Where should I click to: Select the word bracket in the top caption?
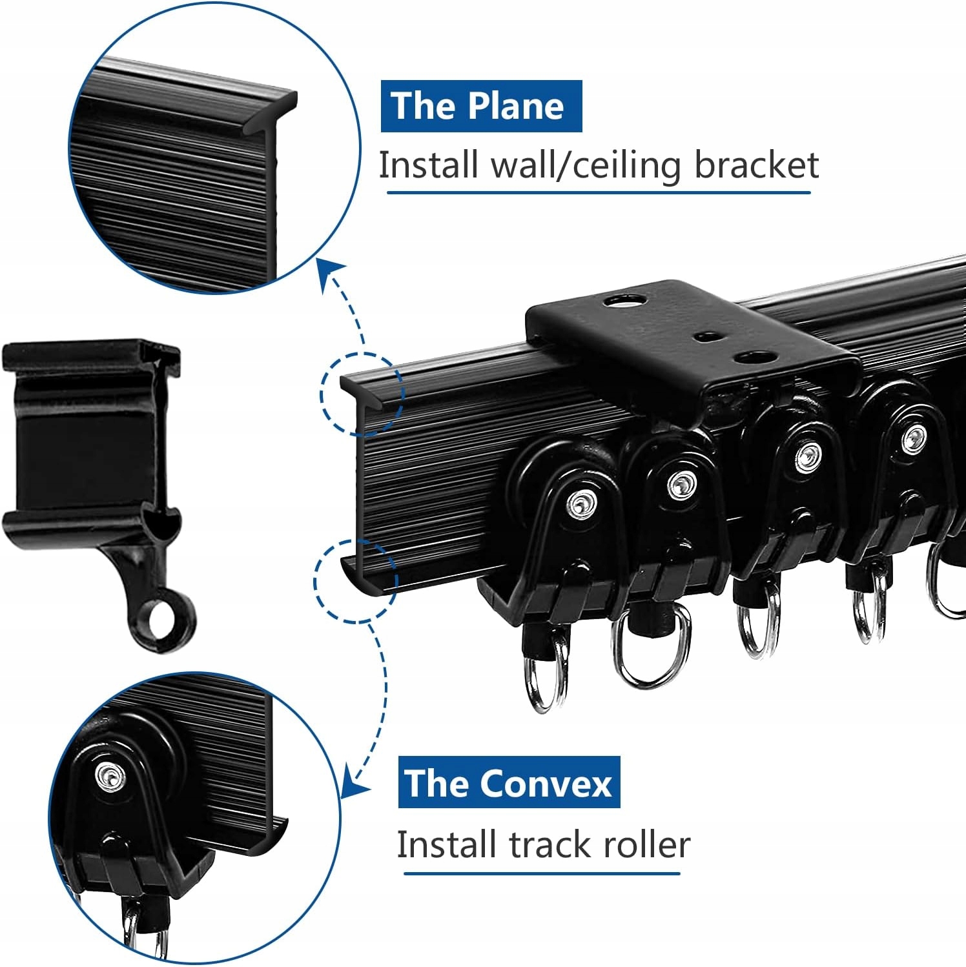point(756,165)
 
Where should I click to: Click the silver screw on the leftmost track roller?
point(581,501)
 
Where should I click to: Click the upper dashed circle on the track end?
point(362,392)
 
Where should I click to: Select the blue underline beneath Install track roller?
point(542,873)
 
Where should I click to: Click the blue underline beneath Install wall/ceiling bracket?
point(598,192)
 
